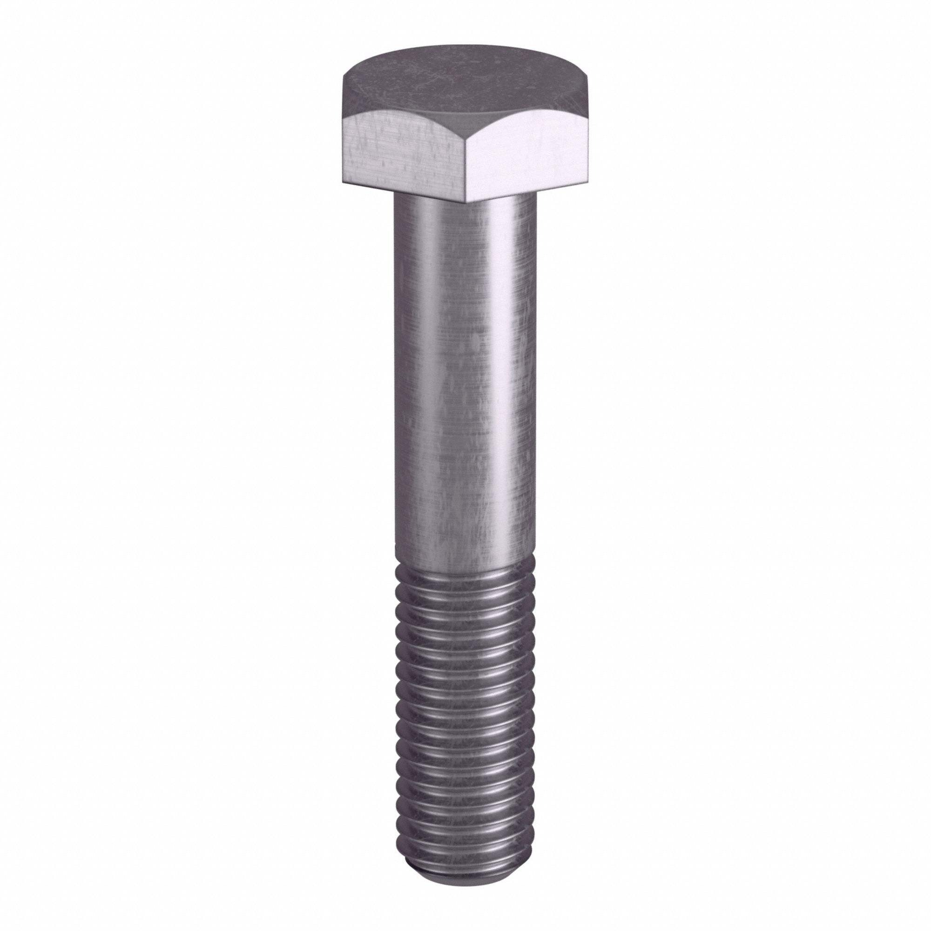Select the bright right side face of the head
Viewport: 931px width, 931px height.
click(530, 154)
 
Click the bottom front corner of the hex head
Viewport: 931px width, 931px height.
click(466, 202)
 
